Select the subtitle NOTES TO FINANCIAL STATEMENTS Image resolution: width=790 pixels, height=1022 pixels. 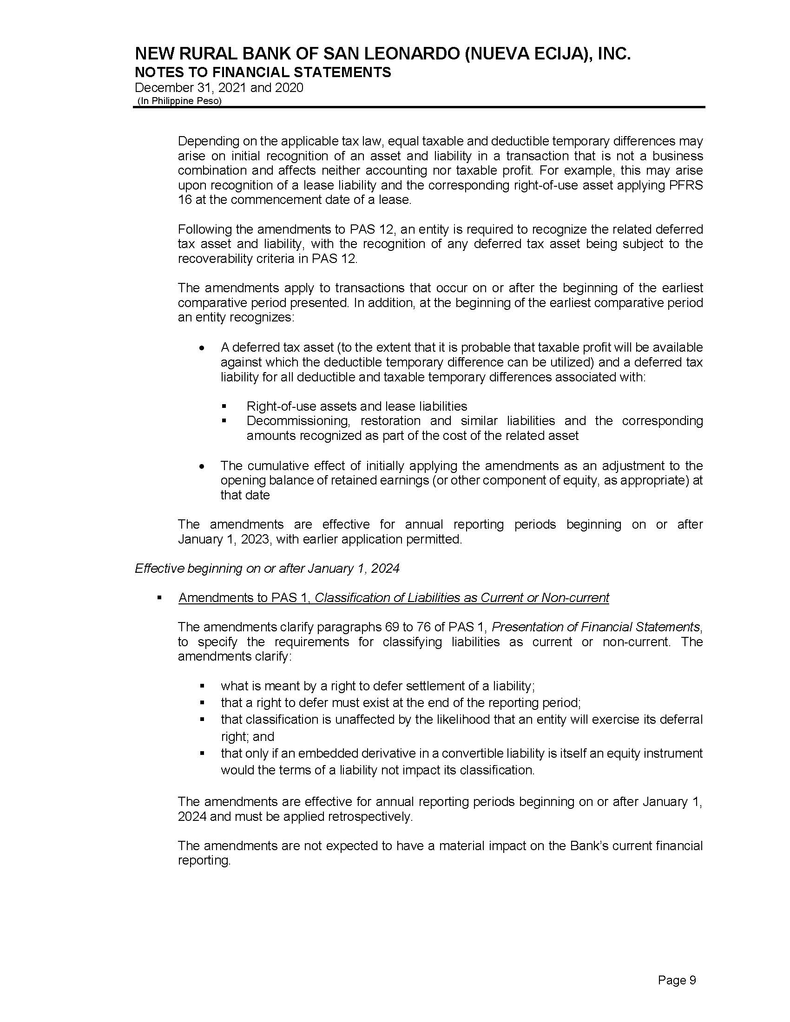click(263, 72)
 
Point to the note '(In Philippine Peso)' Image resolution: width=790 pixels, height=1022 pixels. click(179, 101)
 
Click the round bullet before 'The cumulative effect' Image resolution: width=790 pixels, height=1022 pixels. click(202, 466)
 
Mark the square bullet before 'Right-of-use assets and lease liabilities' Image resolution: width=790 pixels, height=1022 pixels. click(224, 406)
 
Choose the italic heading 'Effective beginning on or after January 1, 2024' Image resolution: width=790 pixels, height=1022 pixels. click(267, 568)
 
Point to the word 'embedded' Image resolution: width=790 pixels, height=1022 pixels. click(324, 753)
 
